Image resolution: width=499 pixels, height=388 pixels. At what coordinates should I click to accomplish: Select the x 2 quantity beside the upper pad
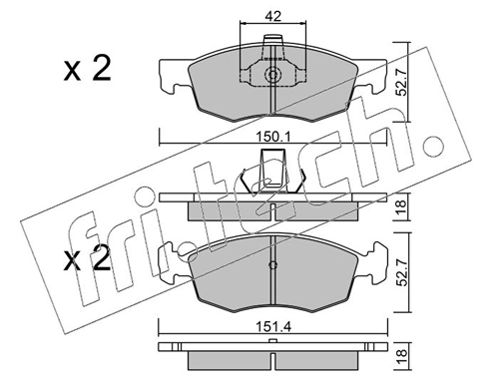click(88, 70)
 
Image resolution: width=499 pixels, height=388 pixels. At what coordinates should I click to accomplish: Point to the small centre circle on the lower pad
click(272, 266)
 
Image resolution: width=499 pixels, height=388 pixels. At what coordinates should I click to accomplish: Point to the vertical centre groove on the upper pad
click(272, 100)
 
